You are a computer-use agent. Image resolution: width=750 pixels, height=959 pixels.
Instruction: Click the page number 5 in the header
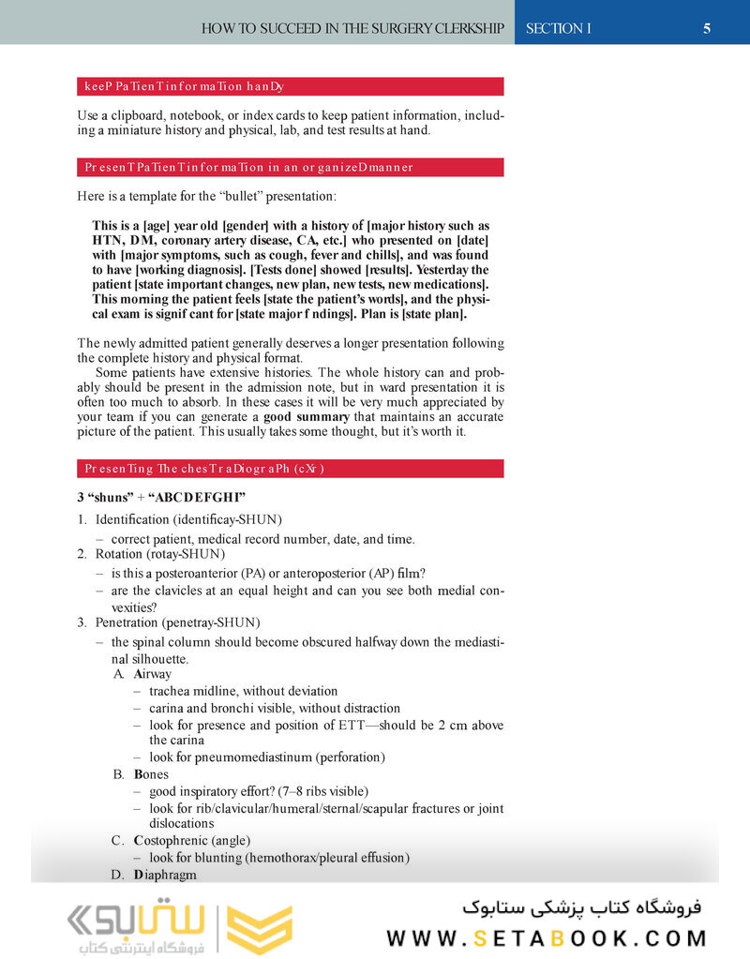[x=707, y=28]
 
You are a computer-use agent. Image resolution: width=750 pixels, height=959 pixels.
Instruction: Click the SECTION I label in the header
[x=559, y=28]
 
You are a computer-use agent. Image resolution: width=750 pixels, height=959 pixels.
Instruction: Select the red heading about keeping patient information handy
[x=291, y=87]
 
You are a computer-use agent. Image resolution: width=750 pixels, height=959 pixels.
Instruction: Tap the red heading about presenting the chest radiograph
[x=291, y=468]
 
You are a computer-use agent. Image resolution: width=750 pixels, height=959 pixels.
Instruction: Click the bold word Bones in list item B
[x=151, y=774]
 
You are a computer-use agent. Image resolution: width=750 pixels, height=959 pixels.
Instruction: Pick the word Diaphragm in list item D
[x=165, y=874]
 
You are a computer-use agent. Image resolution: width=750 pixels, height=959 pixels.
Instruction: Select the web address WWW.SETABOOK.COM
[x=547, y=938]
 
